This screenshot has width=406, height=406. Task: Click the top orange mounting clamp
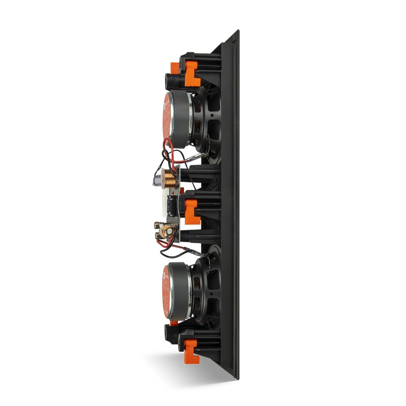click(x=191, y=73)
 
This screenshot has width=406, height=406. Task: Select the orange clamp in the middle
click(x=191, y=211)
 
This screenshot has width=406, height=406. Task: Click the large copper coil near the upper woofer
click(x=170, y=177)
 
